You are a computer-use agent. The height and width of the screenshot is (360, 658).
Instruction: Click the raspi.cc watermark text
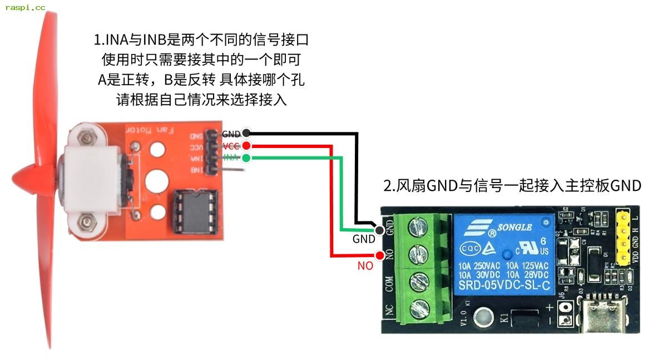coord(25,7)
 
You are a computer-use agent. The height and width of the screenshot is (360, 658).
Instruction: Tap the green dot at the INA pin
coord(246,158)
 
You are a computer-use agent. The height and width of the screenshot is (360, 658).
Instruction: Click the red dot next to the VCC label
coord(246,146)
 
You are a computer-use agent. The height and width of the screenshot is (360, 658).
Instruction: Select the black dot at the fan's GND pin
coord(246,134)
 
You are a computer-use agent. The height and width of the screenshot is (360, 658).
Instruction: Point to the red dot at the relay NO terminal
coord(380,256)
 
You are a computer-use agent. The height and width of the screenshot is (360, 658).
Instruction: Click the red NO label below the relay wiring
coord(365,267)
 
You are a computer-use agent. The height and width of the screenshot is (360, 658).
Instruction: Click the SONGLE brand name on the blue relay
coord(514,227)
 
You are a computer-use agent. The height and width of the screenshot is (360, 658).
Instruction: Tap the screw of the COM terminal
coord(418,282)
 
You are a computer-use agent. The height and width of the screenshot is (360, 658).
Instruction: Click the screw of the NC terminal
coord(418,309)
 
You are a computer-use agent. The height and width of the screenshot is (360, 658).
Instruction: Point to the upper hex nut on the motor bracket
coord(86,136)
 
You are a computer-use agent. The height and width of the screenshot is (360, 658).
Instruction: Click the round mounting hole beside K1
coord(483,318)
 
